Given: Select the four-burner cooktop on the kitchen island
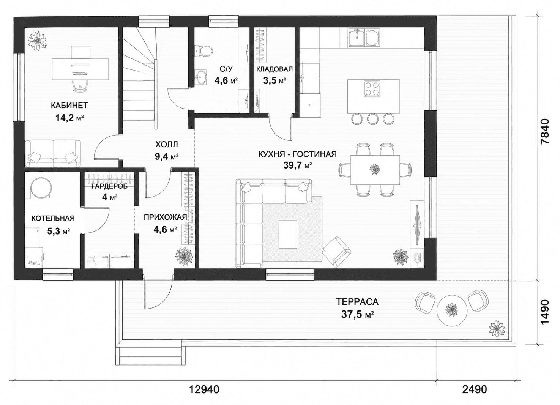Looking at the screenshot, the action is coord(372,89).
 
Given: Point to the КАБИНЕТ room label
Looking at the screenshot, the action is coord(69,105).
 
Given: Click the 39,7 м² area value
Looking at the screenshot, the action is coord(298,165).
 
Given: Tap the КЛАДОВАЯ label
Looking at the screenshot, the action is coord(274,69).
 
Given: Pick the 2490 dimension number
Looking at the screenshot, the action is coord(475,389).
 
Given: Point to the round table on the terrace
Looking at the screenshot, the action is coord(452,311).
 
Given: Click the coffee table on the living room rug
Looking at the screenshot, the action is coord(288,234).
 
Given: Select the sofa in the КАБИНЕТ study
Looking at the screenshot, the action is coord(53,153).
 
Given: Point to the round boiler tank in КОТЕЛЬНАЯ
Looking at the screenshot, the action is coord(41,188).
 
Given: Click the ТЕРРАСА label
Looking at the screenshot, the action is coord(357,302).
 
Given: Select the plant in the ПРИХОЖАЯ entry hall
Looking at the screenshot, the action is coord(185,256).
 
